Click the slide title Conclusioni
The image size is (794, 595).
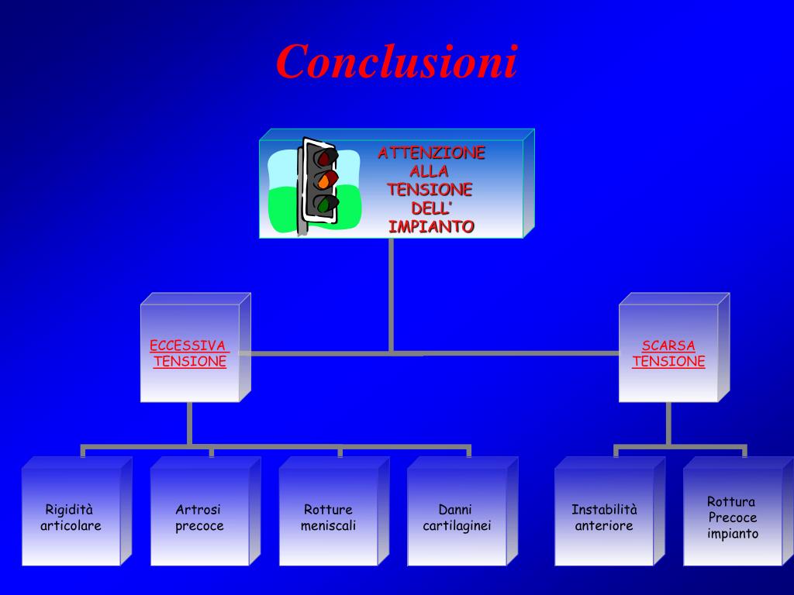(396, 62)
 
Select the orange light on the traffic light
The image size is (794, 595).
(323, 182)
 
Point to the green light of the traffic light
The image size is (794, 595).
(323, 205)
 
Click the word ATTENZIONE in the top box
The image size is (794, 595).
(431, 153)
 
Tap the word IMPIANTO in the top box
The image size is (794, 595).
(431, 227)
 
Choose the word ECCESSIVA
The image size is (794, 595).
(188, 346)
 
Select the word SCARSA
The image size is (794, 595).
(668, 346)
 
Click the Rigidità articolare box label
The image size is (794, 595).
(71, 518)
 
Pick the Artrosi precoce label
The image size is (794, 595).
(199, 518)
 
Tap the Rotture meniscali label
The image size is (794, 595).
(328, 518)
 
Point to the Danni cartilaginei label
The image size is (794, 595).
(457, 518)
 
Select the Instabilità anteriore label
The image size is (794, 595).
(604, 518)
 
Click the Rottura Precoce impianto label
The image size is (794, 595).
(732, 518)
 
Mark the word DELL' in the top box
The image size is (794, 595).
(430, 208)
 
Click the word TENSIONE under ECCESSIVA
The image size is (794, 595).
(190, 361)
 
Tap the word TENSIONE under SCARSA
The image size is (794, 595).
(668, 361)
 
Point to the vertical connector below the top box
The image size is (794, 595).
(391, 294)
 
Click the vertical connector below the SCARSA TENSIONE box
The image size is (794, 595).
(668, 423)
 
